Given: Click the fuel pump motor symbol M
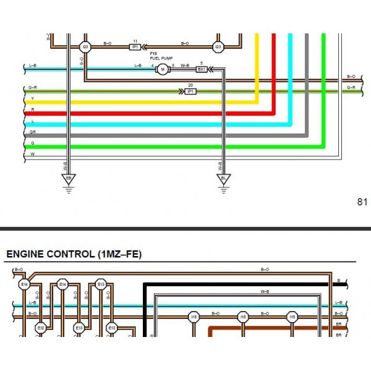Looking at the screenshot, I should [x=162, y=69].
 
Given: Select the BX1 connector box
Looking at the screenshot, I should [x=202, y=69].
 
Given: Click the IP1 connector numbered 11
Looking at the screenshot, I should [x=135, y=46].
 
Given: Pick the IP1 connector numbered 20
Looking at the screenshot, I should [x=190, y=92].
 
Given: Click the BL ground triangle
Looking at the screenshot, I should [x=223, y=179].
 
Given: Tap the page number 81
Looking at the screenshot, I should [x=362, y=202].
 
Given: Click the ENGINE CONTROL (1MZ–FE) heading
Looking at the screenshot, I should [x=73, y=254].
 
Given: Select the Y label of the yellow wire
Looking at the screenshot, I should [x=32, y=99].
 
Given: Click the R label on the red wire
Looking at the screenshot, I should [x=32, y=110].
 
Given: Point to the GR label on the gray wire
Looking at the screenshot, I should [x=32, y=132].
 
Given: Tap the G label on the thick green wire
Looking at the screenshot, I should [x=32, y=143].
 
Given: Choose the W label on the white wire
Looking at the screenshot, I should [x=32, y=153].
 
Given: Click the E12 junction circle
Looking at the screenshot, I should [x=41, y=328].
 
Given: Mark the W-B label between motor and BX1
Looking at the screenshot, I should [x=185, y=65].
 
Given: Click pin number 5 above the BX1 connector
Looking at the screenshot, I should [x=202, y=63].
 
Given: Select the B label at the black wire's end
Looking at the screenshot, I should [x=338, y=281].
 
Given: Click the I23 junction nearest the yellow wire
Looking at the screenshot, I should [x=218, y=46].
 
